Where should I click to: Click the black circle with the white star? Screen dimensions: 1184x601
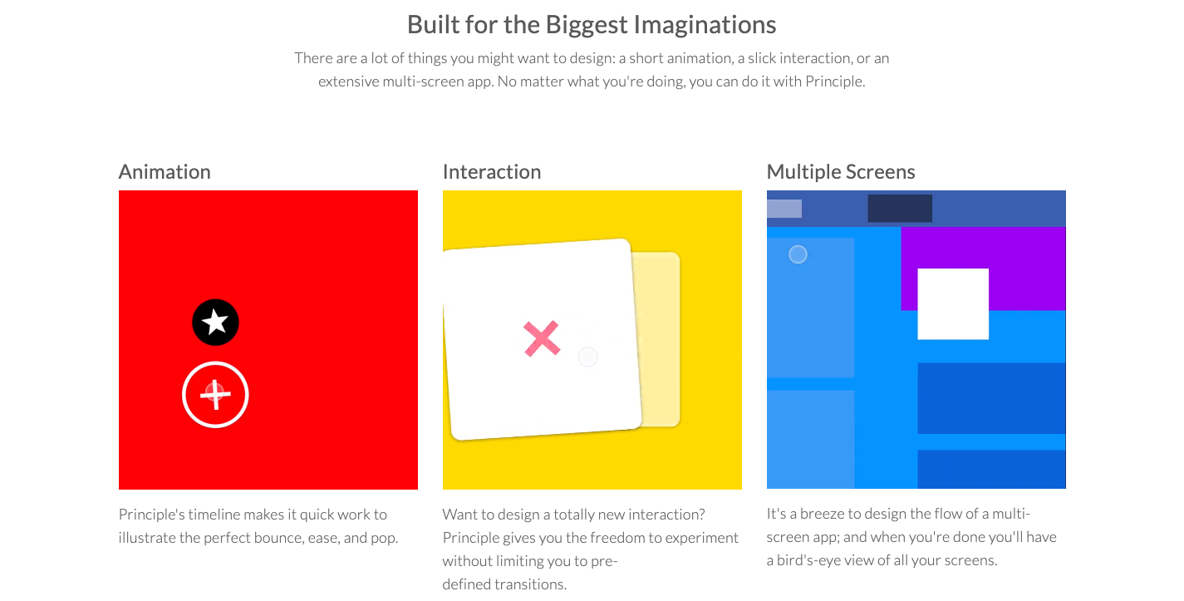pos(215,323)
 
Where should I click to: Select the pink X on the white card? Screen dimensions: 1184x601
pos(542,338)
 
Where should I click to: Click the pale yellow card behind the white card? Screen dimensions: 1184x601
pos(660,339)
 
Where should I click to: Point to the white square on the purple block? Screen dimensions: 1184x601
pos(953,304)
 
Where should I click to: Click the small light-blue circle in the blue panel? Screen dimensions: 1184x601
pos(798,254)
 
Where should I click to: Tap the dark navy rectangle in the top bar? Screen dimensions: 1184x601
pos(900,209)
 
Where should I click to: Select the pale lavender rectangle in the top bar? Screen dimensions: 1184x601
pos(784,209)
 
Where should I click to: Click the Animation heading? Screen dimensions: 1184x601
pos(165,172)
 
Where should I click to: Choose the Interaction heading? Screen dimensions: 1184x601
pos(492,172)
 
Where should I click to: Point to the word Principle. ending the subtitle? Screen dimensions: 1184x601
pos(835,81)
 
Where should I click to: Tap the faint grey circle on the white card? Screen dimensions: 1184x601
pos(587,357)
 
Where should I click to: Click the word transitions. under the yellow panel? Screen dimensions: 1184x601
pos(533,584)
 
